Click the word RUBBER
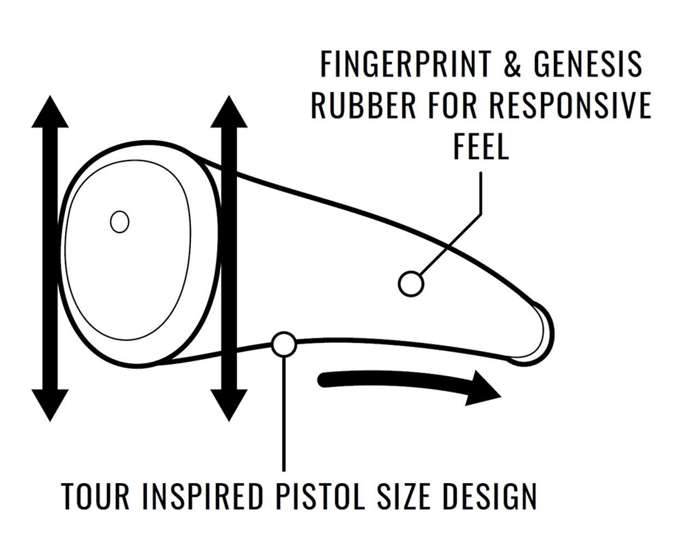[363, 105]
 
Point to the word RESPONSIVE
[570, 105]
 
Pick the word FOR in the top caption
[452, 105]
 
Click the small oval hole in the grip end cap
[119, 222]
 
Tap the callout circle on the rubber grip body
[411, 284]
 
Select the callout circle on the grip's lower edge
[284, 344]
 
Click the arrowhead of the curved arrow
[482, 389]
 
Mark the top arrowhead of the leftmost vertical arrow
[50, 111]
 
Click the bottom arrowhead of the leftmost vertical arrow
[50, 405]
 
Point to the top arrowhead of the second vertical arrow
[229, 111]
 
